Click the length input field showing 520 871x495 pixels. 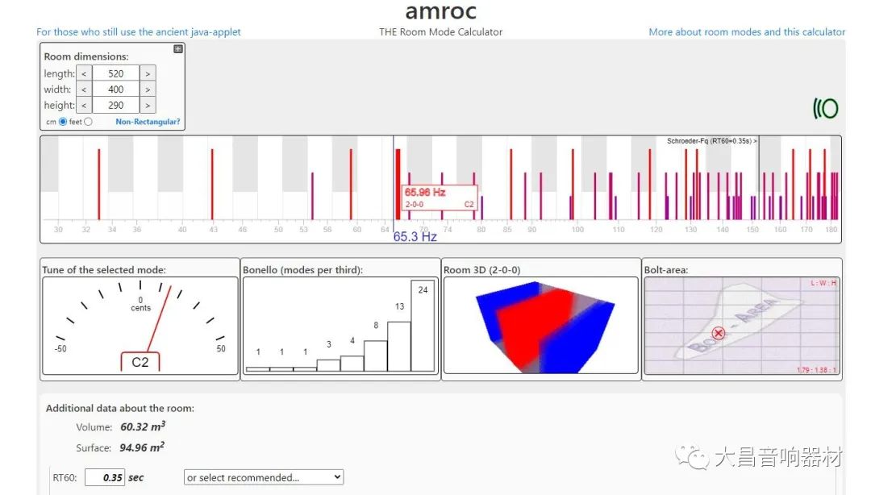click(115, 73)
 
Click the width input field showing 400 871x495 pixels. click(115, 89)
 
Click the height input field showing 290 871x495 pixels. click(115, 106)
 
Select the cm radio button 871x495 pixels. click(63, 122)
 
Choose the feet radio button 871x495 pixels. click(89, 122)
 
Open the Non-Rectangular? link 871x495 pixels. click(148, 122)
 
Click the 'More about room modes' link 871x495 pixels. click(747, 32)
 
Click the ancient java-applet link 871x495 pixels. click(139, 32)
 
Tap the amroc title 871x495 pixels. click(440, 11)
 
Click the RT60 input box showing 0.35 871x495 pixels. click(105, 477)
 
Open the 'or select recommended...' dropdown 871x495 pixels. click(264, 477)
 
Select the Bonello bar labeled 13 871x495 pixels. click(399, 347)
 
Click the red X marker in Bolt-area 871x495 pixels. click(719, 333)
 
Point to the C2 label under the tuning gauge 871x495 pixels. click(140, 363)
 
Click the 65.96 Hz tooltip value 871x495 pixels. click(425, 192)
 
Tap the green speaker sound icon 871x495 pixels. click(826, 108)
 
